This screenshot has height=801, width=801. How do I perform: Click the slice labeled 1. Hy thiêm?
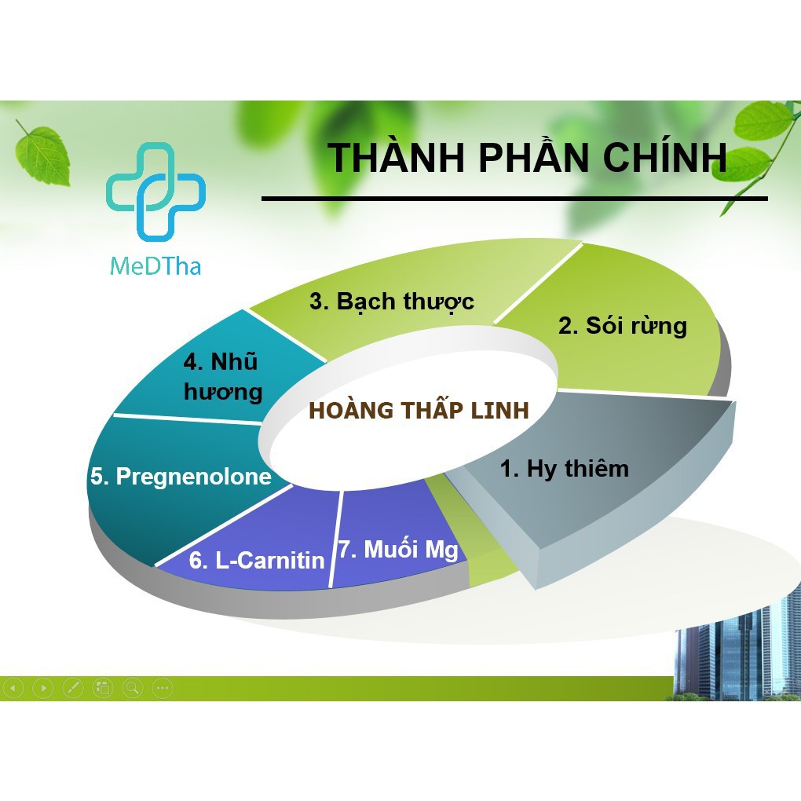565,470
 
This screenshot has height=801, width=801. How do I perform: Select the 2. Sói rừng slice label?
622,326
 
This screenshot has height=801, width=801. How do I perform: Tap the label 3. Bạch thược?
391,302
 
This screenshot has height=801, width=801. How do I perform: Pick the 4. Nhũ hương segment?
222,377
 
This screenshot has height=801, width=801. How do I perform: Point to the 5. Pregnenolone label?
181,477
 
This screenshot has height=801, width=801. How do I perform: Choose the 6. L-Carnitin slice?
257,560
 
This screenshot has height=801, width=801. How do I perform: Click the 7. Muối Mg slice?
398,549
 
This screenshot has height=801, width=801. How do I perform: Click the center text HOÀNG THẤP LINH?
419,411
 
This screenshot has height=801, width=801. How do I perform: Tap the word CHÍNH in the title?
664,157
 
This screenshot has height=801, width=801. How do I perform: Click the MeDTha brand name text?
155,265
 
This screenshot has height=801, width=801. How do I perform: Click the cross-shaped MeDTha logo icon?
155,191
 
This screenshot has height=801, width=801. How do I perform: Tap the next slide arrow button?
43,689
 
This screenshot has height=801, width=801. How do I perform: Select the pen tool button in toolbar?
72,689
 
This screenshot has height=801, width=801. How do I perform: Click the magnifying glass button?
132,689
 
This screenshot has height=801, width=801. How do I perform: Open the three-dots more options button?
162,689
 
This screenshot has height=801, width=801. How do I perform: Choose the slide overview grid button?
102,689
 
